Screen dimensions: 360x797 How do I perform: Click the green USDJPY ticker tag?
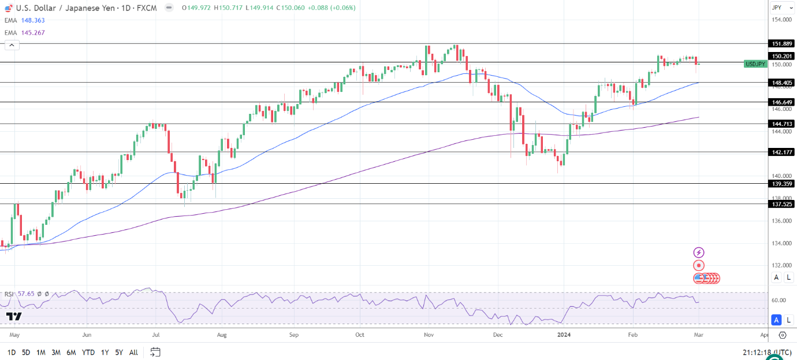pyautogui.click(x=756, y=64)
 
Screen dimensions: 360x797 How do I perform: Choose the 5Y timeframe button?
pyautogui.click(x=118, y=352)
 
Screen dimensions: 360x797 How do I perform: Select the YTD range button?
pyautogui.click(x=88, y=352)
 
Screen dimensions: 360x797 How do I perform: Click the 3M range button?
pyautogui.click(x=56, y=352)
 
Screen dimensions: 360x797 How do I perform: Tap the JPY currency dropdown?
pyautogui.click(x=781, y=8)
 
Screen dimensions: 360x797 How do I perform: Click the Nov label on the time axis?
pyautogui.click(x=428, y=335)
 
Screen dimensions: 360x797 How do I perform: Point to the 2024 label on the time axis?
pyautogui.click(x=564, y=335)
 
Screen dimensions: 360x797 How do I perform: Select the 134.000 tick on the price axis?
pyautogui.click(x=781, y=243)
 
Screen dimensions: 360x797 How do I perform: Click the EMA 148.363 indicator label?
pyautogui.click(x=25, y=20)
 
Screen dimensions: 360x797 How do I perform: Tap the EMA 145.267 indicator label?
pyautogui.click(x=25, y=33)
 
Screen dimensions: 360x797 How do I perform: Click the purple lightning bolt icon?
pyautogui.click(x=699, y=253)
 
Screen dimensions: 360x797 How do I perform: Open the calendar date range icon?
pyautogui.click(x=155, y=352)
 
